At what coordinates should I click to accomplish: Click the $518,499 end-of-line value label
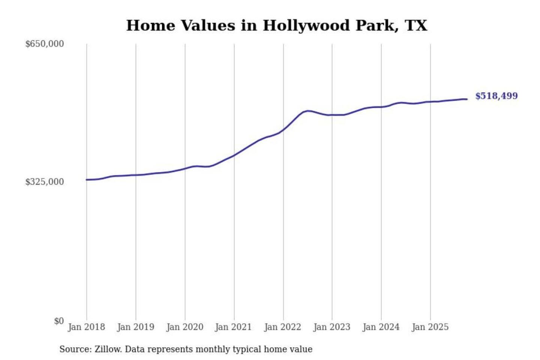[496, 96]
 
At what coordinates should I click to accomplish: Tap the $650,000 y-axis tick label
[44, 44]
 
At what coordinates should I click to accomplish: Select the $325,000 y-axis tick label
[44, 182]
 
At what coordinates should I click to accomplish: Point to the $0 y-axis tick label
[59, 321]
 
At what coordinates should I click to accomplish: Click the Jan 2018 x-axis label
[86, 327]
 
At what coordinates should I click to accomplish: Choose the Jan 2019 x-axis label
[135, 327]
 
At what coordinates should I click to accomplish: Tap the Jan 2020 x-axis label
[184, 327]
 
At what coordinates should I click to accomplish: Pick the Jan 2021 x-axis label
[233, 327]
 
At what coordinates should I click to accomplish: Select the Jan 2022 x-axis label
[282, 327]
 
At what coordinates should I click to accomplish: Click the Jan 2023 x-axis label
[331, 327]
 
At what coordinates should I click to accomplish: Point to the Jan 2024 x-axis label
[381, 327]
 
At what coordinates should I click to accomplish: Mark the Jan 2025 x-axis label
[430, 327]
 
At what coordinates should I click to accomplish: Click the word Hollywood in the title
[306, 25]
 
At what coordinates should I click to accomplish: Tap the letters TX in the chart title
[416, 25]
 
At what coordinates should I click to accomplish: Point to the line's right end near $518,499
[466, 99]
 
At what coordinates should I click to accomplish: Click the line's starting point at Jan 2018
[87, 180]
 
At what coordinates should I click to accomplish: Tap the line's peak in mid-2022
[308, 111]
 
